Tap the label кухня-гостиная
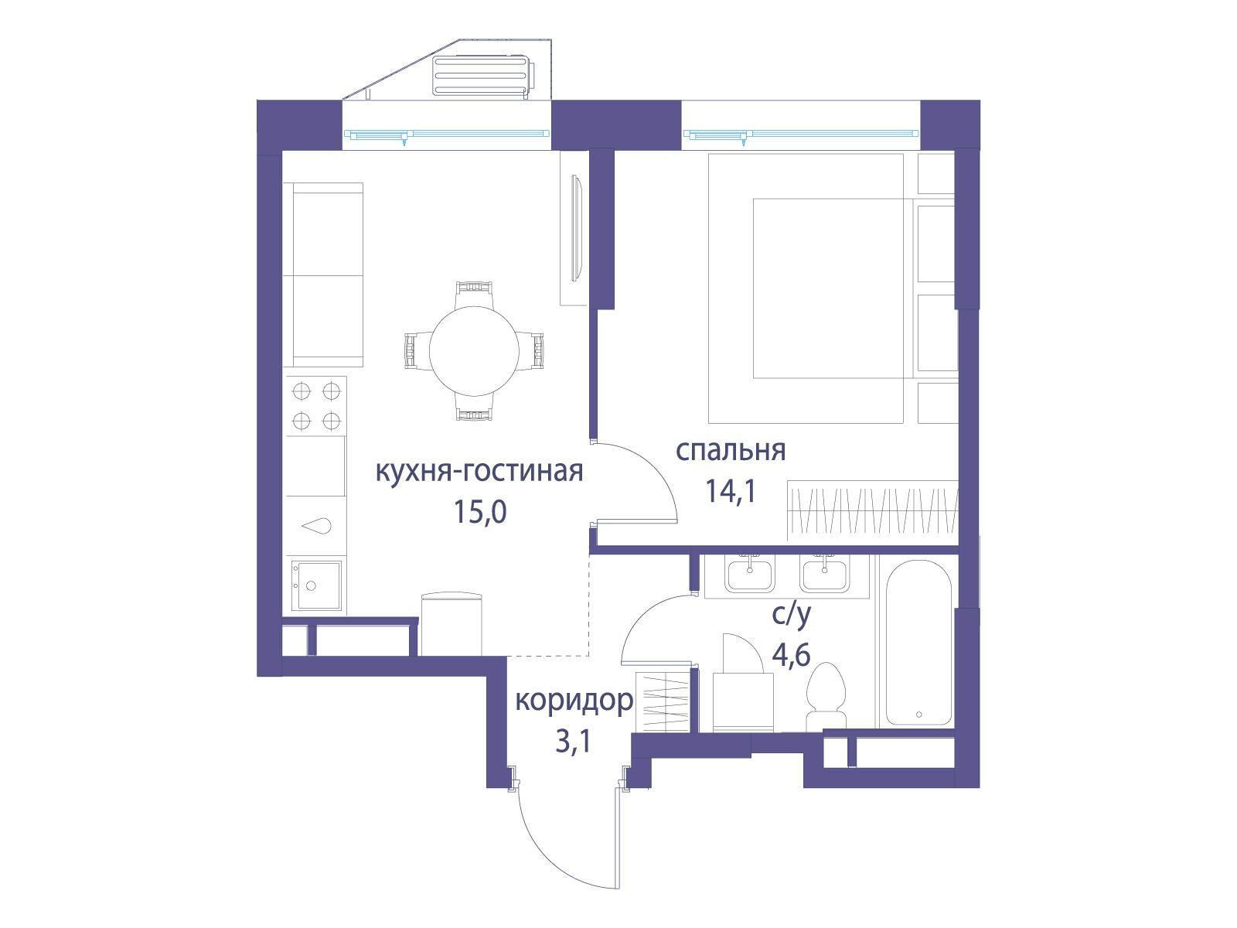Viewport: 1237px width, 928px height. (479, 471)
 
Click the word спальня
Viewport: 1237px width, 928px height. (731, 450)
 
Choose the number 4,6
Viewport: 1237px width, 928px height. (791, 656)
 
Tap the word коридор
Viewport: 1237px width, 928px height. (574, 701)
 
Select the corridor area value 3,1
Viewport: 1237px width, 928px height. (573, 742)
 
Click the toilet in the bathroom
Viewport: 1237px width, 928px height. (826, 696)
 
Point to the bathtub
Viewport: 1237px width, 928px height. (918, 642)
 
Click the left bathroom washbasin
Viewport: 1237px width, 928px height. (748, 575)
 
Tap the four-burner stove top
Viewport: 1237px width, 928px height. (316, 405)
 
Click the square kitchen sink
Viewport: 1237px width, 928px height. (315, 585)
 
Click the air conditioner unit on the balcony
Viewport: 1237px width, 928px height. (482, 76)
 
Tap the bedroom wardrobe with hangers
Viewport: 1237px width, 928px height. (871, 510)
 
